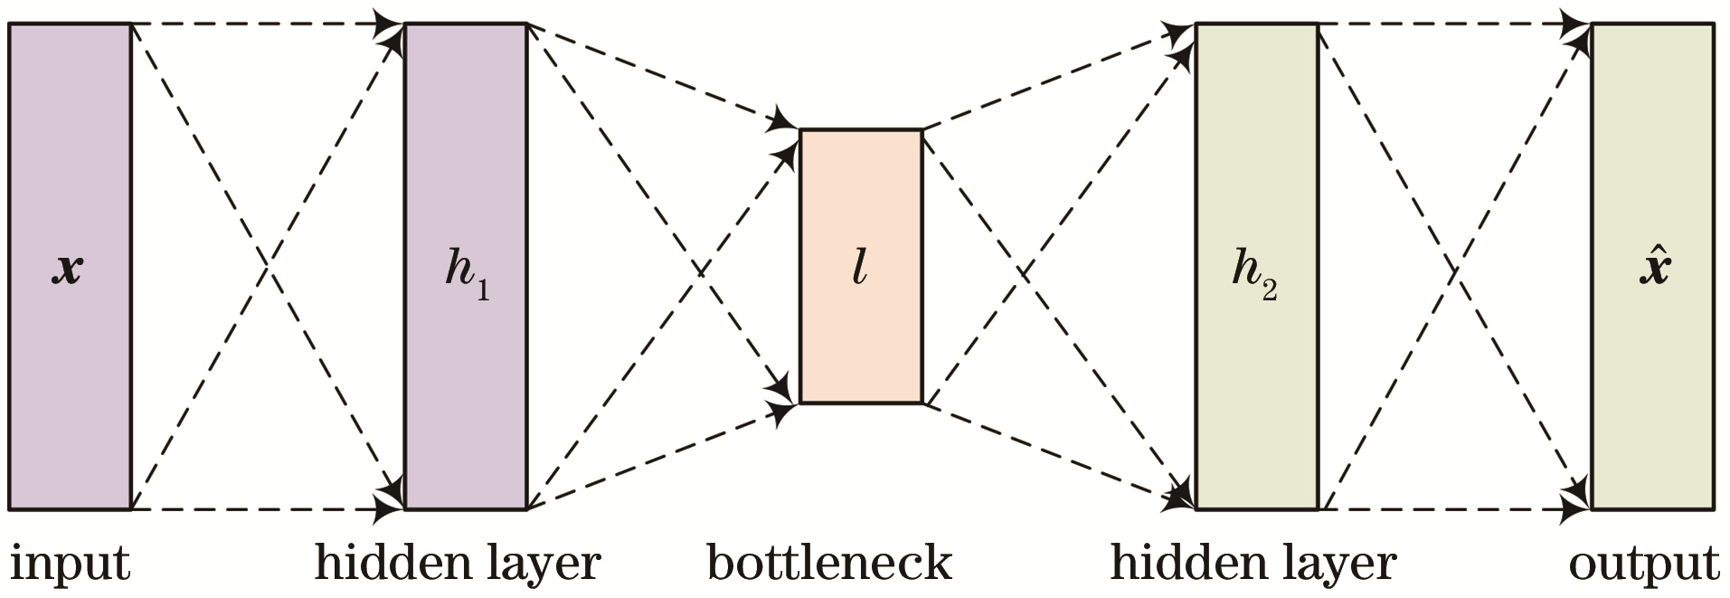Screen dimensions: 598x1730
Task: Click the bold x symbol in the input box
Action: (68, 269)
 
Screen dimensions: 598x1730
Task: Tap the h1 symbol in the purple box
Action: (467, 269)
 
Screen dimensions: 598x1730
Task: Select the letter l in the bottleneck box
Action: (860, 268)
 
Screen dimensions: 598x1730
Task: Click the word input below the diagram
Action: (70, 563)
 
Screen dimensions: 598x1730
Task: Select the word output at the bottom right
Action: (1643, 565)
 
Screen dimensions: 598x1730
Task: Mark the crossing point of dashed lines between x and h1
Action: (268, 266)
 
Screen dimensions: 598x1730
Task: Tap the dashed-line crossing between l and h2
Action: (1022, 269)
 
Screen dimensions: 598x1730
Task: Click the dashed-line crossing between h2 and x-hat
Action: (1454, 269)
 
